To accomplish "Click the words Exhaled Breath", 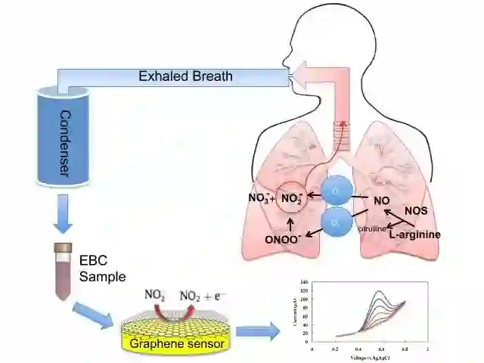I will click(185, 76).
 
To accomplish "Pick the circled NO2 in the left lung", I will click(293, 199).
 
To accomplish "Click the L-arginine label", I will click(414, 235).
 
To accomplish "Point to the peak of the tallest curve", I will click(378, 291).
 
